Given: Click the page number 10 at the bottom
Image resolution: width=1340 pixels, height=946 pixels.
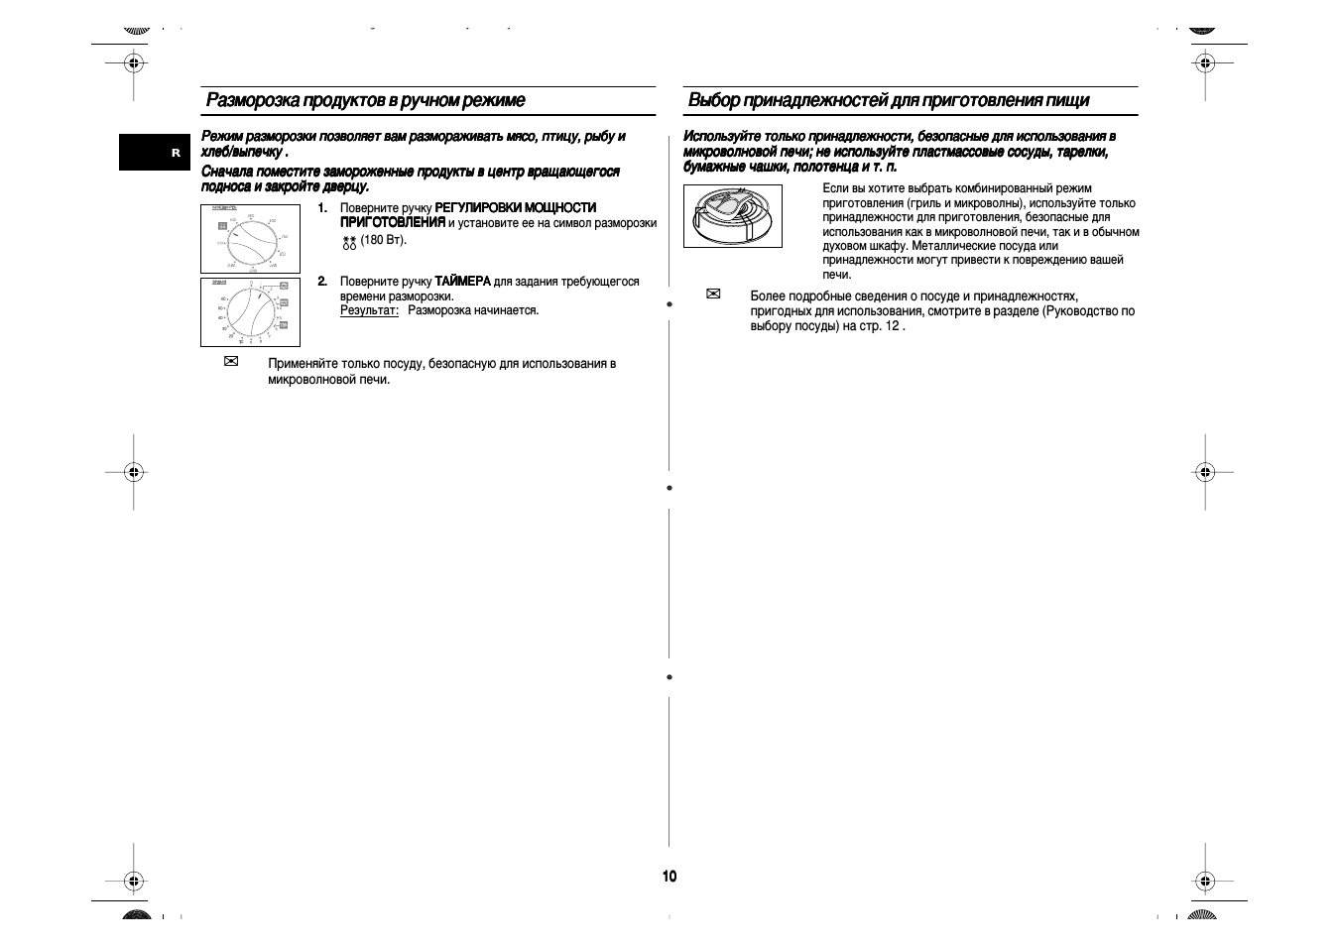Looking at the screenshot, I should tap(670, 876).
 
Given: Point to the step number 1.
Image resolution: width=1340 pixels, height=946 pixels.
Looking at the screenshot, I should tap(322, 207).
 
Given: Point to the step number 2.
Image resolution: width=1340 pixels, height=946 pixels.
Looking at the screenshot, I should tap(322, 282).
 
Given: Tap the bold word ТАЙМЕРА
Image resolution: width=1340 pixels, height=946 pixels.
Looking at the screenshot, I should tap(462, 282).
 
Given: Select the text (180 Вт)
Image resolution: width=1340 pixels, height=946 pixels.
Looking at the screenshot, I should tap(384, 240).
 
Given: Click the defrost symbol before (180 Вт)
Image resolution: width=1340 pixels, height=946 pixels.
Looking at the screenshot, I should tap(349, 241).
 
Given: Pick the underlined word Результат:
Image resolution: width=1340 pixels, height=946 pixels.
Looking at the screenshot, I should tap(369, 310).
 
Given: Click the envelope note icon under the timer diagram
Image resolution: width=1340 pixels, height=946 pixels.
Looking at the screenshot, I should tap(231, 362).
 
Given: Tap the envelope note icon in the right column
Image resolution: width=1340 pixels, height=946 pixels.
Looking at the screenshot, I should tap(713, 295).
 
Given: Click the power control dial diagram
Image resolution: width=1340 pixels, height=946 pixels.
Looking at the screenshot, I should tap(250, 239).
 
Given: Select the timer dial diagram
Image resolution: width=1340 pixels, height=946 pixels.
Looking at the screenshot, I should tap(250, 312).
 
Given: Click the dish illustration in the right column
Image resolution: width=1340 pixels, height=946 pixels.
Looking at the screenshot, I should tap(732, 216).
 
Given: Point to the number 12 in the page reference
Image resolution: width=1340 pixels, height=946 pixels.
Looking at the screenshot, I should tap(892, 325).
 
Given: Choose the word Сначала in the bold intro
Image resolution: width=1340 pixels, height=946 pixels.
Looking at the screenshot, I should tap(227, 172).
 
